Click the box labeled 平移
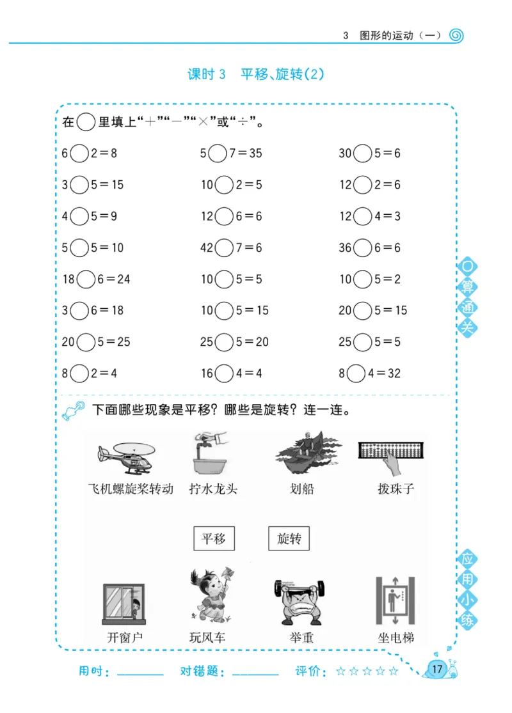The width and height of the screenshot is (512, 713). tap(214, 538)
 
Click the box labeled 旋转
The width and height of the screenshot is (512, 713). tap(289, 538)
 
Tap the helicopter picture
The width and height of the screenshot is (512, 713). tap(125, 455)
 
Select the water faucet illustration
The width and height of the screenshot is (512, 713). tap(209, 453)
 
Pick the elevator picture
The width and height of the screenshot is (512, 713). tap(395, 601)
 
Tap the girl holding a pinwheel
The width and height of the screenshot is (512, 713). tap(211, 596)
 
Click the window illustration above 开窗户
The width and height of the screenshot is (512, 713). tap(124, 604)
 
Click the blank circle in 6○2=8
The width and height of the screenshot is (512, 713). tap(79, 153)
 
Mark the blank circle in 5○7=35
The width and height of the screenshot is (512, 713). tap(218, 153)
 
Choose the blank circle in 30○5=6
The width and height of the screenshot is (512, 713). tap(363, 153)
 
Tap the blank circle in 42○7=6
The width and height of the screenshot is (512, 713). tap(224, 247)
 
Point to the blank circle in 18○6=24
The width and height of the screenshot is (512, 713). tap(86, 279)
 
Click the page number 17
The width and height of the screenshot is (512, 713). tap(437, 669)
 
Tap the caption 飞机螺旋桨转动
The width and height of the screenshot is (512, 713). tap(131, 489)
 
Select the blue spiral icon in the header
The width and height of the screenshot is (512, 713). tap(456, 35)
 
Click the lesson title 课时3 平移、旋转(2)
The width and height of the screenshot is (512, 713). tap(256, 74)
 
